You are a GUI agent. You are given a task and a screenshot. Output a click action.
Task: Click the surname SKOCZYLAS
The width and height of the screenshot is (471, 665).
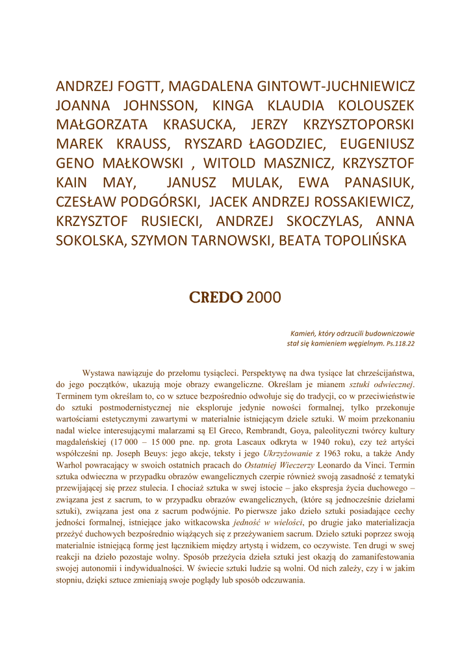click(285, 221)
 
